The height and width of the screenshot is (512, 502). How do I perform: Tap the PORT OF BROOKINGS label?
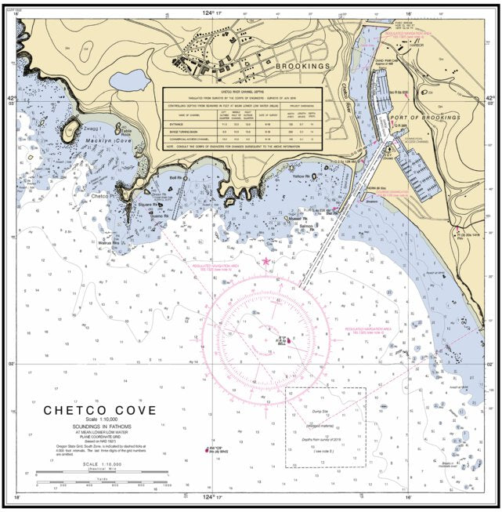[424, 117]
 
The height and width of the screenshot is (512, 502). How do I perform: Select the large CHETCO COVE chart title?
[99, 410]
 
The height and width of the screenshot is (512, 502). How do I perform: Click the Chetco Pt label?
[103, 196]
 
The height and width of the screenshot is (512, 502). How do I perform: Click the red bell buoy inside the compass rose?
[289, 340]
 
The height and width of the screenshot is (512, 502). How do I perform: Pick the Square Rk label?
[149, 205]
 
